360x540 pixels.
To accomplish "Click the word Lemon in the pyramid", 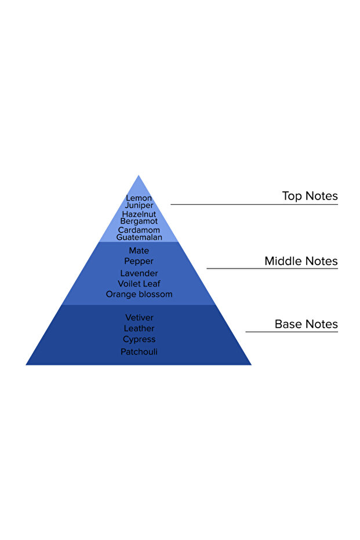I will [x=139, y=198].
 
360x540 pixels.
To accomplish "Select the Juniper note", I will [x=139, y=206].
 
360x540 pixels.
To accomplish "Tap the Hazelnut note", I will [x=139, y=214].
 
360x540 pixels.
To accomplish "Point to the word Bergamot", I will [x=139, y=222].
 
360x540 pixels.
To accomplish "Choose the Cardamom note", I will [x=139, y=230].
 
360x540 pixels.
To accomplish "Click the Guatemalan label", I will [x=139, y=237].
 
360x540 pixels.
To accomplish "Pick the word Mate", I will [x=139, y=251].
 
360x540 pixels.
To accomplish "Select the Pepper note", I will [x=139, y=262].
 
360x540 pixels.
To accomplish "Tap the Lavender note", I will [x=139, y=273].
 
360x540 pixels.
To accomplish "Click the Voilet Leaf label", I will [x=139, y=284].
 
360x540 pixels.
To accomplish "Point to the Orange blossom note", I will [x=139, y=295].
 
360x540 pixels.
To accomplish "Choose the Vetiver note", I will [x=139, y=318].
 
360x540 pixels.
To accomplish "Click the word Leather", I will [x=139, y=329].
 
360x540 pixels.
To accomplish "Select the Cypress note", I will [x=139, y=339].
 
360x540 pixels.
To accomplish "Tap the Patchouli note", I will [x=139, y=352].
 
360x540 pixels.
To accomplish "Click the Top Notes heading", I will [x=310, y=196].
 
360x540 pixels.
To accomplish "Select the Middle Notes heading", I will [x=301, y=261].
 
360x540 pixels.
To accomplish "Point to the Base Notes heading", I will [x=306, y=324].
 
